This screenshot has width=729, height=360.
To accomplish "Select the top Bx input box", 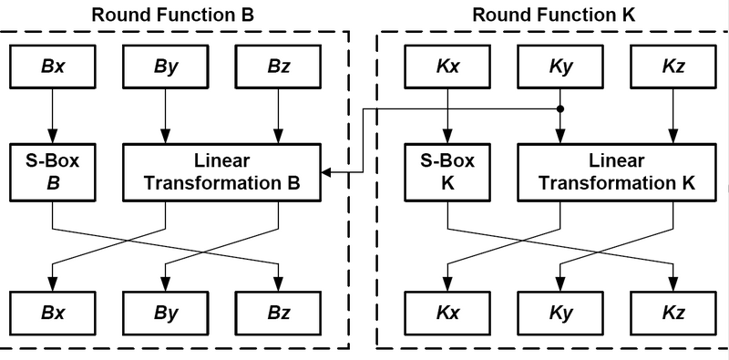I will pos(52,66).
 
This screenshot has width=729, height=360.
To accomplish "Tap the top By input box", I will pos(165,66).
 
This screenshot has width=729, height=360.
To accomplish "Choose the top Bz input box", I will pos(277,66).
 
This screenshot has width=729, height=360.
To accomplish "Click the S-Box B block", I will pos(52,172).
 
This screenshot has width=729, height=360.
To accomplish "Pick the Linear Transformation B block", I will pos(221,172).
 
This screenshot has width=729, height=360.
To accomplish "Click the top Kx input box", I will pos(447,66).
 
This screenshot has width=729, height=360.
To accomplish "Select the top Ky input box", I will pos(560,66).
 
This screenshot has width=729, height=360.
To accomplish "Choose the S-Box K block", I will pos(447,172).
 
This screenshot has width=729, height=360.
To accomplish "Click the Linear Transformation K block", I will pos(616,172).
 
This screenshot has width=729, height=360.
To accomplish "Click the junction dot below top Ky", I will pos(560,108).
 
